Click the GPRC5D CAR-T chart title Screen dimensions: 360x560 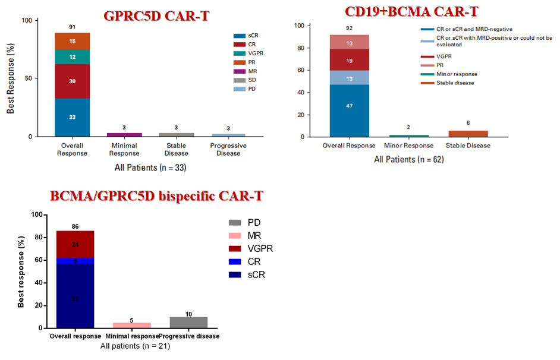coord(157,16)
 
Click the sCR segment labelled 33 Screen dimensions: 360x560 coord(72,117)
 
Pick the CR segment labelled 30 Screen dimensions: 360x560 coord(72,81)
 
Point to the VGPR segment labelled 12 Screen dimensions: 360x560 coord(72,56)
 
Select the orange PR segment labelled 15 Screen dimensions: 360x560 coord(72,41)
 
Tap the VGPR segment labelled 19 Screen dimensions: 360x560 coord(350,60)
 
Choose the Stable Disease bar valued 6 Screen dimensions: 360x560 coord(467,134)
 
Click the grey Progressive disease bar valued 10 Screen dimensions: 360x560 coord(188,322)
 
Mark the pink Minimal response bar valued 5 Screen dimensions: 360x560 coord(131,325)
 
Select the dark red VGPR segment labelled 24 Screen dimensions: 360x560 coord(75,244)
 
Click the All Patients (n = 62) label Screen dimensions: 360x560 coord(408,159)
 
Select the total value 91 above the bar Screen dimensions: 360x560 coord(72,27)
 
